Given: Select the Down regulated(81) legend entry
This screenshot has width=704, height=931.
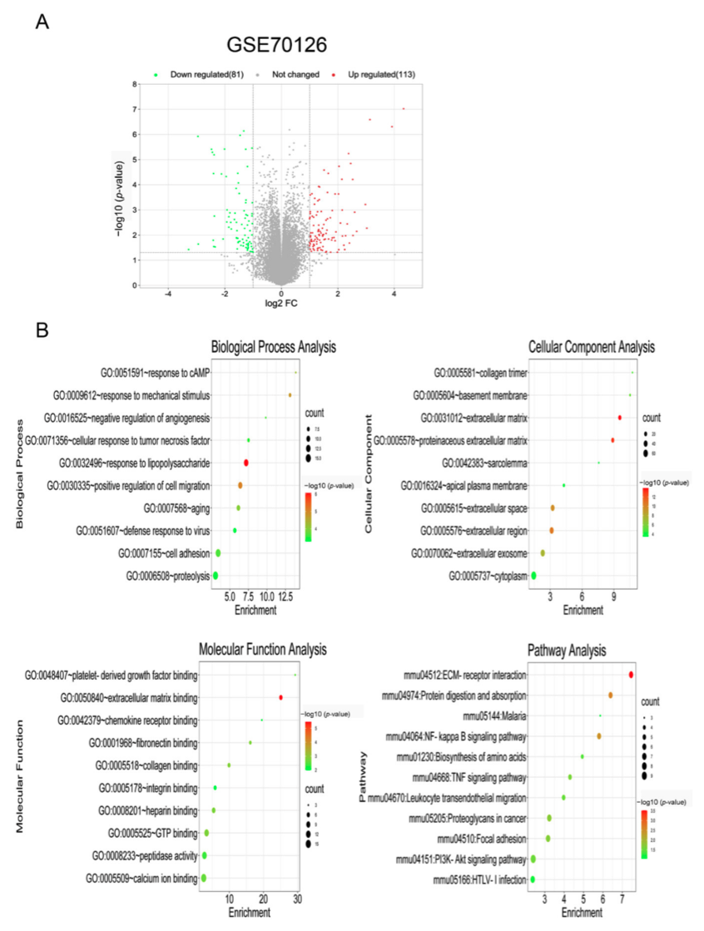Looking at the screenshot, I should pyautogui.click(x=200, y=75).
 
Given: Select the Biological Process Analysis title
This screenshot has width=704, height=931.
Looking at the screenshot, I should pyautogui.click(x=255, y=347).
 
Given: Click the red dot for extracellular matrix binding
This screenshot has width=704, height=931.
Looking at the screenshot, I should pyautogui.click(x=280, y=697).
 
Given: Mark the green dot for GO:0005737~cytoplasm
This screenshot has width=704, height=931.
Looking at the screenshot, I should pyautogui.click(x=533, y=575).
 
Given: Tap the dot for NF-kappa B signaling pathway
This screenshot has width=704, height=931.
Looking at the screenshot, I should pyautogui.click(x=598, y=736).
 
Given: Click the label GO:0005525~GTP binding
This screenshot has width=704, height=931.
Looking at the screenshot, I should pyautogui.click(x=152, y=833).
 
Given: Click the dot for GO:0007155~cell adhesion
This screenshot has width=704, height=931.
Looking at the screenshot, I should pyautogui.click(x=218, y=553).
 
